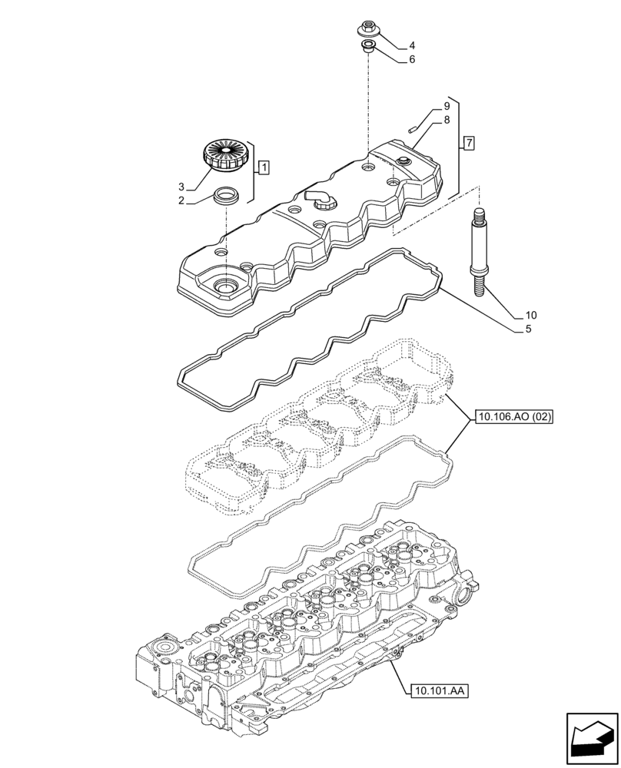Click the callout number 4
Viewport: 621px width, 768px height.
[412, 45]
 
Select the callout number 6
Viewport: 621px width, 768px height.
[412, 59]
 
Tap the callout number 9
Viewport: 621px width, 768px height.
[446, 106]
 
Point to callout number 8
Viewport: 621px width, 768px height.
[446, 120]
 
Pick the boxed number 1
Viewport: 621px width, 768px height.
[263, 166]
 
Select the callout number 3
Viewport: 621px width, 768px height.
[181, 187]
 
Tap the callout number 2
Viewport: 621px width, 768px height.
[181, 201]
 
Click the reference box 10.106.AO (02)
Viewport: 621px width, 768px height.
[514, 417]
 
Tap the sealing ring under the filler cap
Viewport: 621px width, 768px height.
[226, 196]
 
